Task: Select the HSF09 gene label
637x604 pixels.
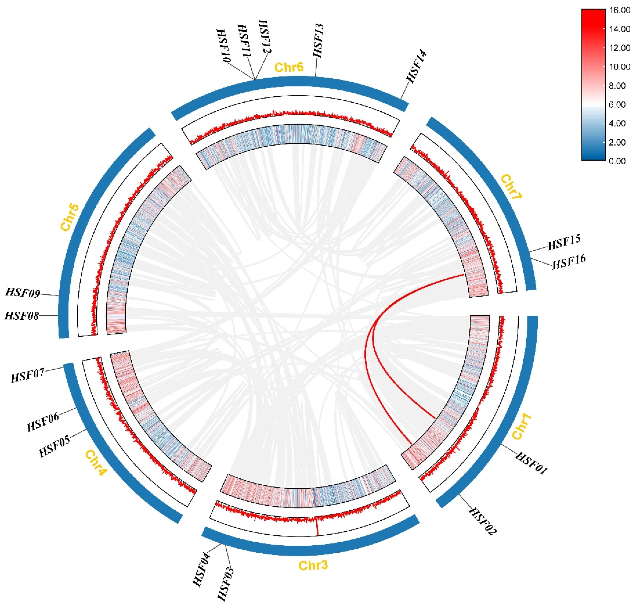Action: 23,293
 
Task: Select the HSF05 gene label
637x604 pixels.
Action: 54,447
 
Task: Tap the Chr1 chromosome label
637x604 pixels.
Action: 521,427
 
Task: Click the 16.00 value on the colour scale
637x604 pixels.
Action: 620,10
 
